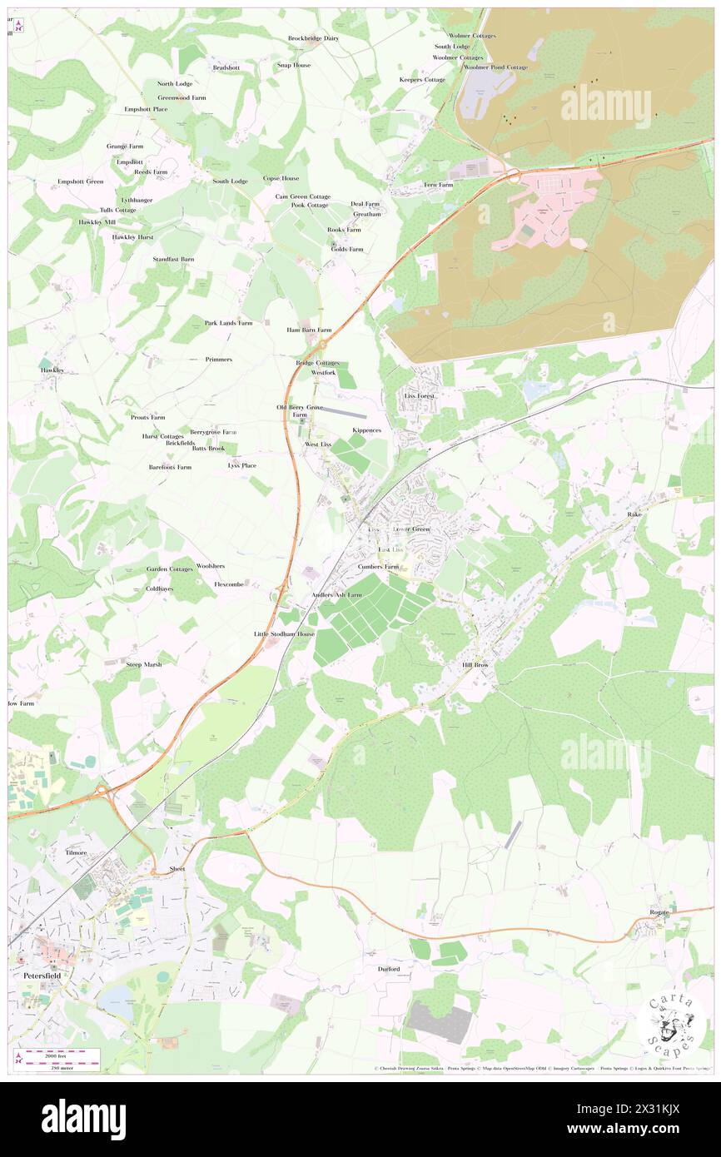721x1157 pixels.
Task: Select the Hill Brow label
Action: (x=477, y=667)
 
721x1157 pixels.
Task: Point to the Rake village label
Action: (x=634, y=515)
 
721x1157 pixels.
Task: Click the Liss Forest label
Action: (x=420, y=395)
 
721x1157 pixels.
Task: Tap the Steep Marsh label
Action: (x=143, y=665)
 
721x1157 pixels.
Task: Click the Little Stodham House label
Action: (x=285, y=634)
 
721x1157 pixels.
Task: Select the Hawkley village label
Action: (x=52, y=370)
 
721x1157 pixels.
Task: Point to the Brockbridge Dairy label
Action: (x=314, y=38)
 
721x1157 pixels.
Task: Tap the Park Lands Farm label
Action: (x=228, y=322)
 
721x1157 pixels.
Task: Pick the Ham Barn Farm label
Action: (x=309, y=330)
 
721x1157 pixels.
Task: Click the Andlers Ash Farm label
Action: (x=337, y=595)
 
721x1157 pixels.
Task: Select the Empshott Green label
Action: (x=80, y=181)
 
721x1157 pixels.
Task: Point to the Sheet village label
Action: (x=177, y=868)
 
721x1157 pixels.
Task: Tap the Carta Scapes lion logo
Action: (x=671, y=1024)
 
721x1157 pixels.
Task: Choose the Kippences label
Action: (x=366, y=430)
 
